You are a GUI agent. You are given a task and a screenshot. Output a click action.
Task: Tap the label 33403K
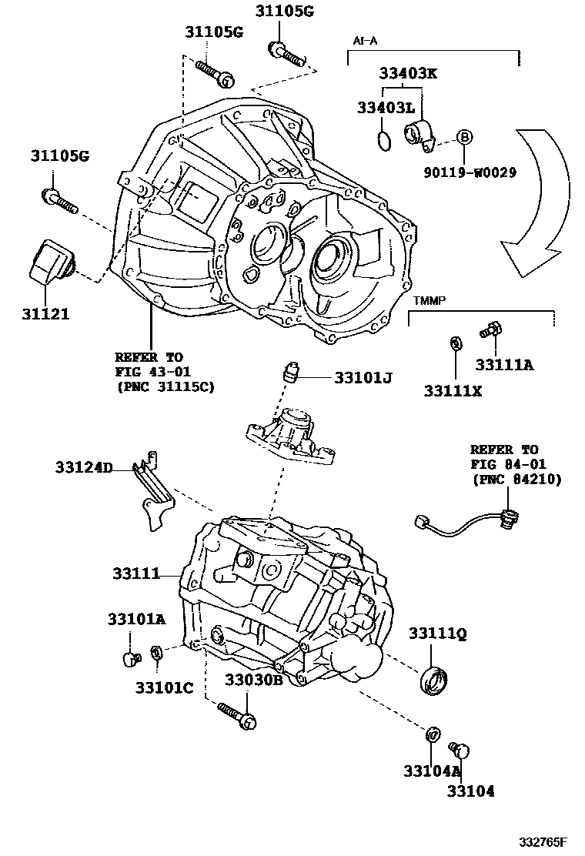pyautogui.click(x=408, y=73)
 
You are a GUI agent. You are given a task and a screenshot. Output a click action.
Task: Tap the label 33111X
pyautogui.click(x=453, y=391)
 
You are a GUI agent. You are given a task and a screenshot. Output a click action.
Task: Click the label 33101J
pyautogui.click(x=363, y=378)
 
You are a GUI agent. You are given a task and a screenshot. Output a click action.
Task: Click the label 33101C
pyautogui.click(x=164, y=687)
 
